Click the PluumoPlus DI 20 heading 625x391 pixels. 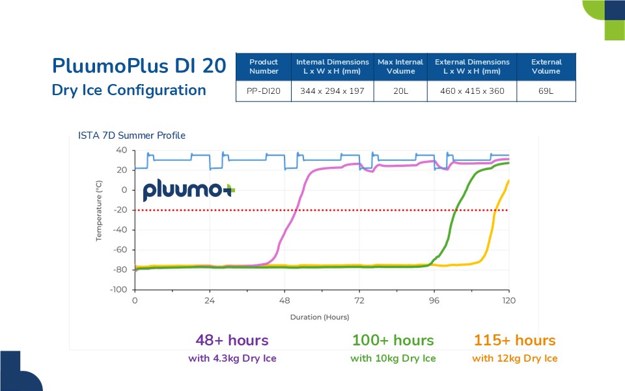point(139,66)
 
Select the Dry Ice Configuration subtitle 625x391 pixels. point(129,90)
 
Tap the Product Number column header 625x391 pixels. point(264,66)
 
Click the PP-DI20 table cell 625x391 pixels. point(264,91)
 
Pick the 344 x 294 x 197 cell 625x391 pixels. point(332,91)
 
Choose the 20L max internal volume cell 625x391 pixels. point(400,91)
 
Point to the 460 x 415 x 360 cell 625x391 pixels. point(472,91)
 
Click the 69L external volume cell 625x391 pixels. point(546,91)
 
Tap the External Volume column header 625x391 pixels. point(546,66)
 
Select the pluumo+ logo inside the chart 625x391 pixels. point(189,190)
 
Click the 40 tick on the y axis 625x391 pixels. point(121,150)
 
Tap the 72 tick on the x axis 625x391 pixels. point(359,300)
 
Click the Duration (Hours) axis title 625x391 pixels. point(320,317)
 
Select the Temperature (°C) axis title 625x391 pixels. point(99,211)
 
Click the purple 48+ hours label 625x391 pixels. point(232,340)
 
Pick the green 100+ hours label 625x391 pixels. point(393,340)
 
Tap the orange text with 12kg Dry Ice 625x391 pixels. point(514,358)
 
